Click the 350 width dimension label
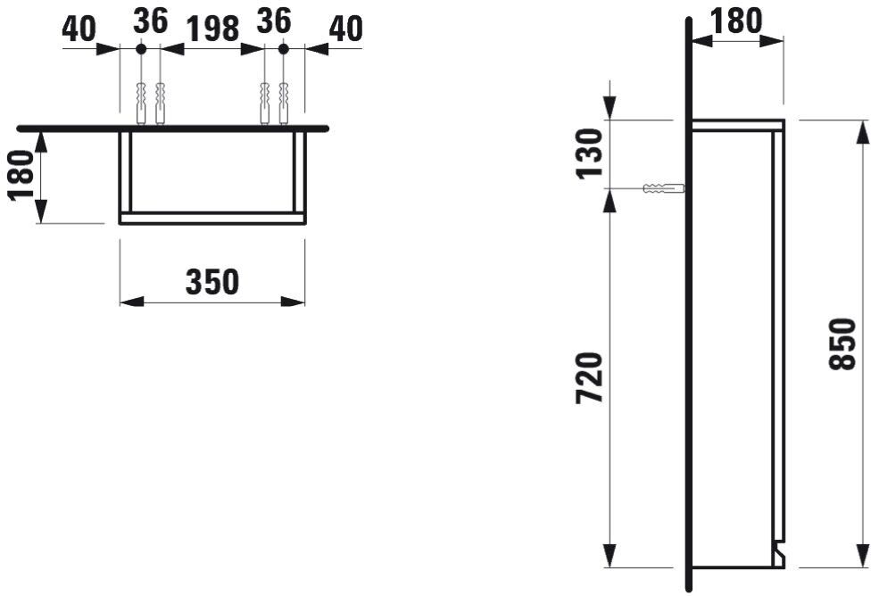[x=212, y=282]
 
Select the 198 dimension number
[x=212, y=29]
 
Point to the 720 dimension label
[x=589, y=377]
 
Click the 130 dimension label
[x=589, y=153]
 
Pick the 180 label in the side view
[x=736, y=21]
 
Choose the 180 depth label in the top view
[x=21, y=175]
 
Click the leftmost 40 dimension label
[x=79, y=29]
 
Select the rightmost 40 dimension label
[x=345, y=29]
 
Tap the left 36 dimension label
[x=151, y=21]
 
